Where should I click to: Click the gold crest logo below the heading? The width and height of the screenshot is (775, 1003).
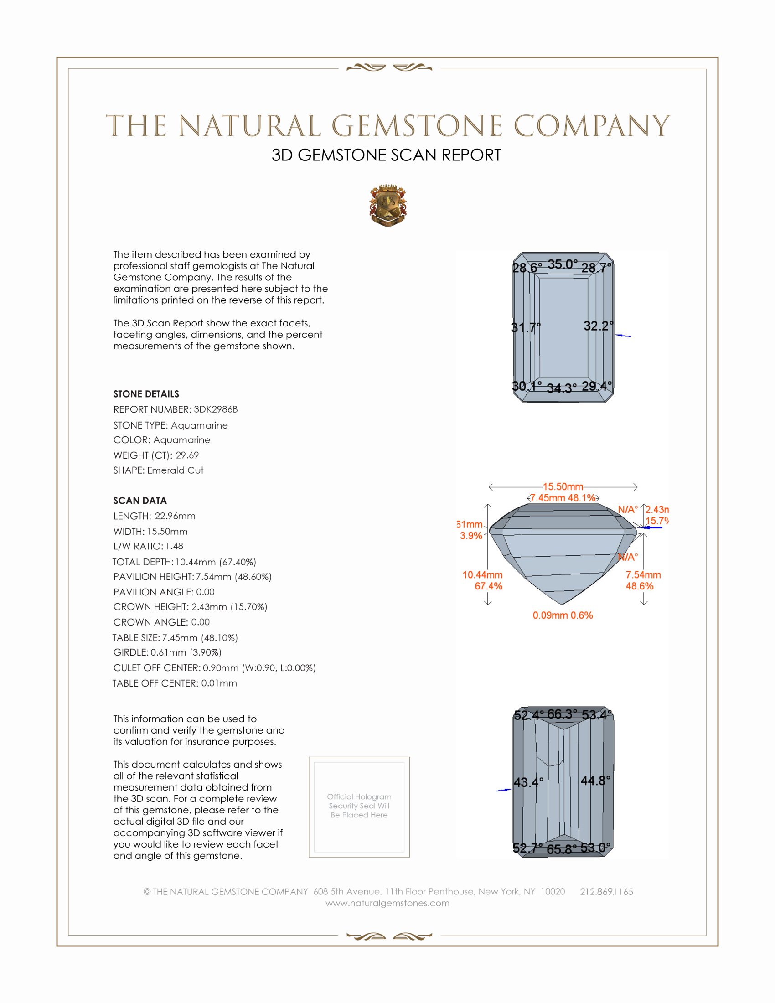(388, 206)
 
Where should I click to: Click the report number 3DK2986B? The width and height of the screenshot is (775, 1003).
(215, 409)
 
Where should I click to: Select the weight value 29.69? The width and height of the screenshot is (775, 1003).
(187, 455)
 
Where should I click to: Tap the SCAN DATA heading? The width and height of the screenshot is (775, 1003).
(140, 501)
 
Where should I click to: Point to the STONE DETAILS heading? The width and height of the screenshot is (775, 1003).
(146, 394)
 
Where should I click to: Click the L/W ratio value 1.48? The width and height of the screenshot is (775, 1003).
(175, 546)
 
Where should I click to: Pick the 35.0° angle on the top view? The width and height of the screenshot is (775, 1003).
(563, 264)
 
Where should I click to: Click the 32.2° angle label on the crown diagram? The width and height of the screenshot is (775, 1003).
(598, 326)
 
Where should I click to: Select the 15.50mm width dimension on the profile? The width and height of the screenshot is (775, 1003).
(563, 486)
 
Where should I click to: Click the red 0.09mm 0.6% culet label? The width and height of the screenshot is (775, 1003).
(563, 615)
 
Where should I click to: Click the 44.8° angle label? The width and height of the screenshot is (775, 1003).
(595, 780)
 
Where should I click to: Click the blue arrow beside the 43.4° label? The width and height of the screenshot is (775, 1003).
(504, 790)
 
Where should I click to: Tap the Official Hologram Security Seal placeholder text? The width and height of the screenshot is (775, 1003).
(359, 806)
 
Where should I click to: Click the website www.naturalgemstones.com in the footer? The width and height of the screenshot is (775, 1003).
(387, 903)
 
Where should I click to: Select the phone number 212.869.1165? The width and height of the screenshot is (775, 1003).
(606, 891)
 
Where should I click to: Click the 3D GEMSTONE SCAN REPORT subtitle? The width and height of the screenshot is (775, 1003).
(386, 155)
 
